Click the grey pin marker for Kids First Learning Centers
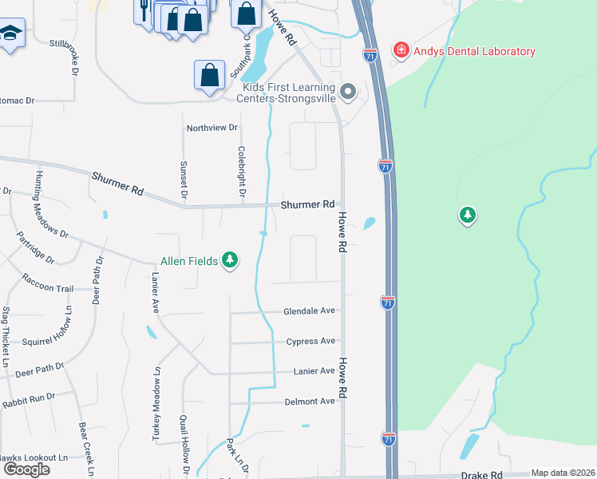(x=347, y=93)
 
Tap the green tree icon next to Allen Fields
(x=230, y=260)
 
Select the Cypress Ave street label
(x=310, y=342)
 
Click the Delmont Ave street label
(x=310, y=402)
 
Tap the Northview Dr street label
(x=212, y=128)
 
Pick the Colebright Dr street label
(x=241, y=170)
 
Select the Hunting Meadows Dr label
(x=51, y=204)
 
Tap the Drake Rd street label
(x=484, y=474)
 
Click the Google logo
(x=26, y=469)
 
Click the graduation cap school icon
(x=10, y=34)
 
